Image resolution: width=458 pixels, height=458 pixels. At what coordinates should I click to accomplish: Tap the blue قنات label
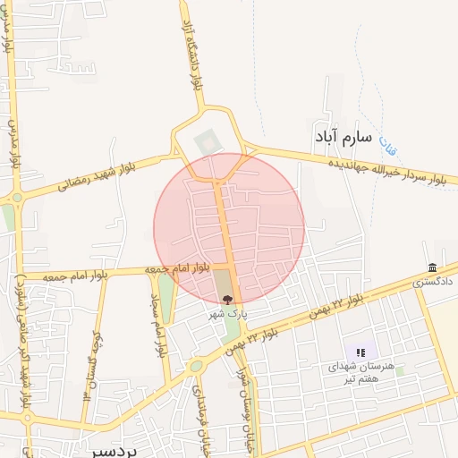pos(386,142)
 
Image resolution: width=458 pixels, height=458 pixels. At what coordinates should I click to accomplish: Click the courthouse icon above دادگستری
pos(433,268)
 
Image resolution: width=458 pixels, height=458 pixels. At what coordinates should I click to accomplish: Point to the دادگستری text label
pos(433,281)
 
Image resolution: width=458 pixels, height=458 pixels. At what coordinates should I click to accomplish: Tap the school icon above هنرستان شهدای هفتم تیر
pos(360,354)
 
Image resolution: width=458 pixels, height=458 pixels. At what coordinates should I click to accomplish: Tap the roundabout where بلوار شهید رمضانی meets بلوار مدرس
pos(17,198)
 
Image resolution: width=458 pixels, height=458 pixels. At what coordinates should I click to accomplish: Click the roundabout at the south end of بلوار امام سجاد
pos(195,366)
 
